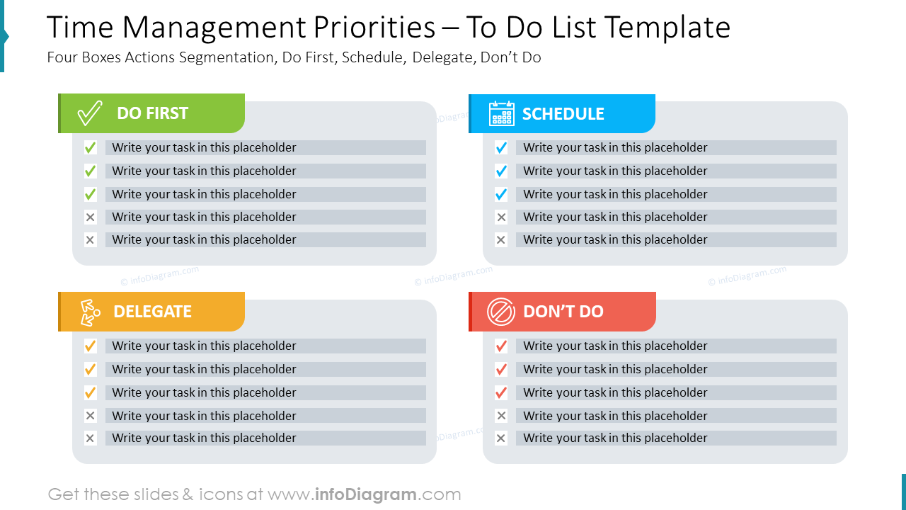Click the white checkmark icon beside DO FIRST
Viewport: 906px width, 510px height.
[90, 113]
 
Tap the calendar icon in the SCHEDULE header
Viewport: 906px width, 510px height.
[502, 113]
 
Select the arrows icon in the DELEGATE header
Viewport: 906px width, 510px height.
[89, 312]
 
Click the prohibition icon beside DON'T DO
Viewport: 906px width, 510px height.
[501, 312]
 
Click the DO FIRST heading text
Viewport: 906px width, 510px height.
[152, 113]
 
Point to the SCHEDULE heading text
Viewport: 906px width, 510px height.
[563, 113]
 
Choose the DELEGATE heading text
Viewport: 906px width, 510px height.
[152, 312]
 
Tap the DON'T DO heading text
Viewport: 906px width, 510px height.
[563, 312]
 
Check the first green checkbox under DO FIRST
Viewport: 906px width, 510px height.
[90, 148]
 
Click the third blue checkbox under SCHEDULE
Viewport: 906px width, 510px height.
[501, 194]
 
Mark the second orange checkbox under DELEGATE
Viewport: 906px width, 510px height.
[90, 369]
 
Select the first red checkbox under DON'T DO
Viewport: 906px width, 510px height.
[501, 346]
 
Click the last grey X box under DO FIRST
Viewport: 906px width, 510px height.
[90, 240]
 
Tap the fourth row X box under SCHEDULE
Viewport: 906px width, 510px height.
[501, 217]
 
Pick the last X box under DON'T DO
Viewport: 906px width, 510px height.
[501, 438]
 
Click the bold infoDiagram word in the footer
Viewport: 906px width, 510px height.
[365, 494]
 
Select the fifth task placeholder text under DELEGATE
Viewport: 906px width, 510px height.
[204, 438]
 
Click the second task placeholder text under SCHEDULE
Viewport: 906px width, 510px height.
[615, 171]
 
